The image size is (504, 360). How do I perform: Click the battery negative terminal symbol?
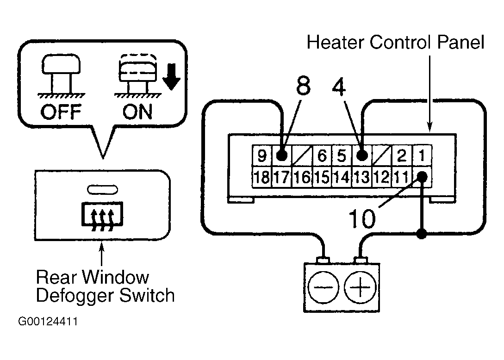[323, 287]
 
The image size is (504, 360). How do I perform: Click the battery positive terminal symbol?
[360, 287]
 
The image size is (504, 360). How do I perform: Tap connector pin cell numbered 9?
[262, 156]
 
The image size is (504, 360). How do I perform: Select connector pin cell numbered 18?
[262, 177]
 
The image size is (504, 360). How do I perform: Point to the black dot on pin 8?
[281, 156]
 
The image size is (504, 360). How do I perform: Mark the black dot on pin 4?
[362, 156]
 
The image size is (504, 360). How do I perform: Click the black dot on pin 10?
[422, 176]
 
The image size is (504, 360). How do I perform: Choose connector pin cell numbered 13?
[362, 177]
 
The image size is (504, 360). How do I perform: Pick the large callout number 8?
[303, 86]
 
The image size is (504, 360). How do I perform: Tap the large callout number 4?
[339, 87]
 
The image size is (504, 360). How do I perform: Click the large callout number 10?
[362, 219]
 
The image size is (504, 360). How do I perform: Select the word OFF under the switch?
[61, 112]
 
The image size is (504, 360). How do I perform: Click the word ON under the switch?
[137, 112]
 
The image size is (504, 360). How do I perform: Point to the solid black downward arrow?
[171, 76]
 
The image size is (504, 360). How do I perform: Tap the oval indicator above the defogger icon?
[103, 190]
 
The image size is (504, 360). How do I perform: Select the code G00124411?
[48, 322]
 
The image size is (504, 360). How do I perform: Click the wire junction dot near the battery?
[422, 234]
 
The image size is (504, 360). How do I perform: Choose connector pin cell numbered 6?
[322, 156]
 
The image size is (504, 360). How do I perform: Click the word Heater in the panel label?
[336, 42]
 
